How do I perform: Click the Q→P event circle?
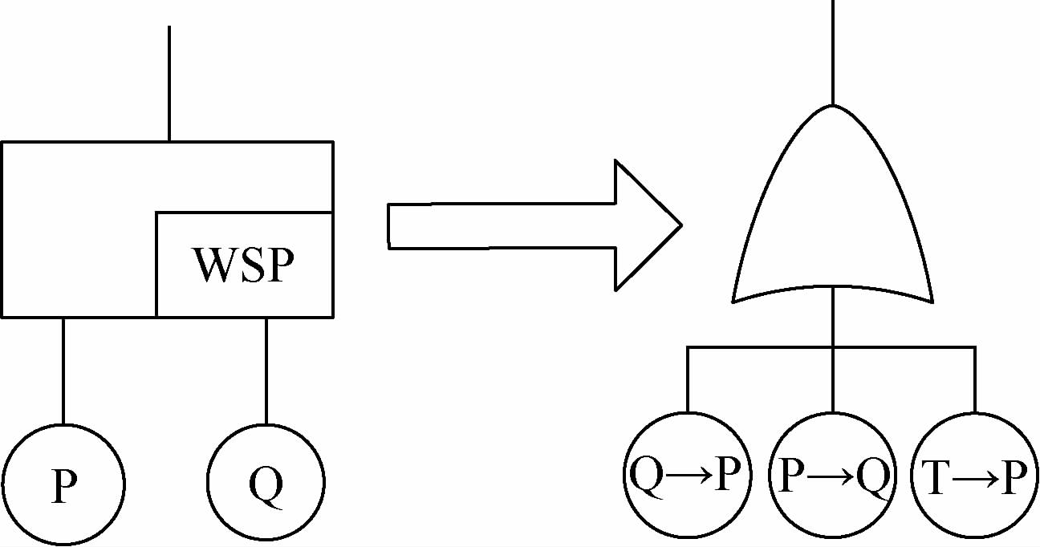687,475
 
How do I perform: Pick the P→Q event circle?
832,475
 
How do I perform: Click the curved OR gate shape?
832,209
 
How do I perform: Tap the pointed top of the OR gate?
832,107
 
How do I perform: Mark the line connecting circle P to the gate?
63,369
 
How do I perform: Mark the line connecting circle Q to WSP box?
266,369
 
